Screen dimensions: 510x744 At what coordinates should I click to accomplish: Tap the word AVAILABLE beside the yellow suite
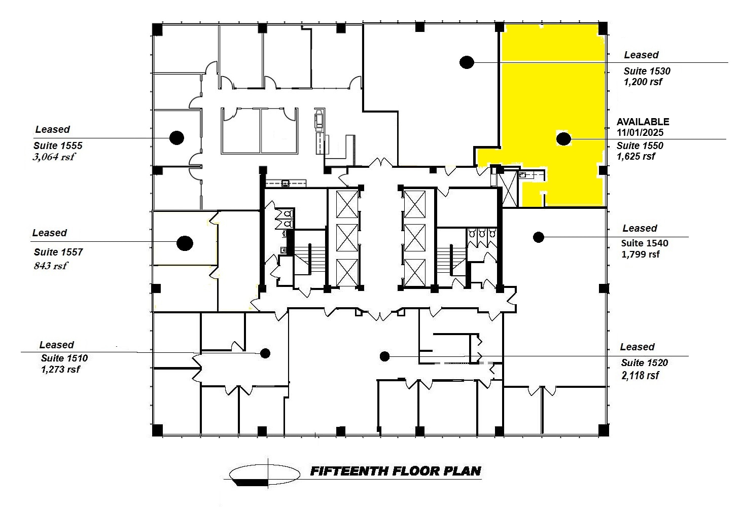(x=643, y=122)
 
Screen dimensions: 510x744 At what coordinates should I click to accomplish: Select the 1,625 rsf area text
(x=635, y=156)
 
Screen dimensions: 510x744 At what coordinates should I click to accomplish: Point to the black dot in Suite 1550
(x=563, y=138)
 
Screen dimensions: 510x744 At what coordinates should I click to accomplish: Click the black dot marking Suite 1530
(x=467, y=62)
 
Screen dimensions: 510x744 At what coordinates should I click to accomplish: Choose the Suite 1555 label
(x=58, y=145)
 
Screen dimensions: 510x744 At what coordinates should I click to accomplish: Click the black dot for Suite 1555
(x=176, y=137)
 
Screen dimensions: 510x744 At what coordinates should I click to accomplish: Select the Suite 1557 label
(x=58, y=252)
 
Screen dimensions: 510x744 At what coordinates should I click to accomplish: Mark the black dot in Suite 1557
(x=185, y=243)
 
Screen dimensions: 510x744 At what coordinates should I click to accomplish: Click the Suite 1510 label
(x=64, y=358)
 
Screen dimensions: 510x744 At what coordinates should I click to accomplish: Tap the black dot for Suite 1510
(x=265, y=353)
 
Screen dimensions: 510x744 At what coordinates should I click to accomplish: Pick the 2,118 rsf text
(x=640, y=375)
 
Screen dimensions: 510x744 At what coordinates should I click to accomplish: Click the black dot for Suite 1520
(x=384, y=356)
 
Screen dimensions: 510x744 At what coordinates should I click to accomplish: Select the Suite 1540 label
(x=645, y=243)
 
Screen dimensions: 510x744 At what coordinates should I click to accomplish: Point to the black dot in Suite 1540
(x=538, y=236)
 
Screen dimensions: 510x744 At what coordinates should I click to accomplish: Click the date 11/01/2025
(x=640, y=133)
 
